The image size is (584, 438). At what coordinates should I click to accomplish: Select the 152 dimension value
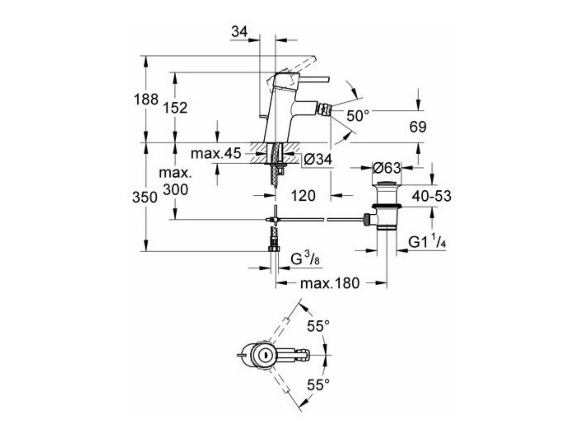click(175, 108)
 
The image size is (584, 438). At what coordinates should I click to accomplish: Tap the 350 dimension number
click(145, 197)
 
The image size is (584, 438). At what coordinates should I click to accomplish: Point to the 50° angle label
click(358, 116)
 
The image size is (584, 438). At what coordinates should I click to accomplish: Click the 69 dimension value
click(418, 127)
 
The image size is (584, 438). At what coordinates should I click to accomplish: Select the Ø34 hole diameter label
click(318, 159)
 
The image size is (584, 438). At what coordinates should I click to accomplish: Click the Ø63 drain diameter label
click(387, 168)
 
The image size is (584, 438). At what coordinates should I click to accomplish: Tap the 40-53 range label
click(432, 196)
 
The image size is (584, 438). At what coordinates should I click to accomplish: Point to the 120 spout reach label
click(303, 195)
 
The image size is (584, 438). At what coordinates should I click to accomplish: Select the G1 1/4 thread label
click(427, 242)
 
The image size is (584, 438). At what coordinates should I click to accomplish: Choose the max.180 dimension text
click(330, 283)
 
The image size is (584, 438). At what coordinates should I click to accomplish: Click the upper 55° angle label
click(318, 326)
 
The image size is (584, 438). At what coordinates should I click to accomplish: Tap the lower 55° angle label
click(318, 385)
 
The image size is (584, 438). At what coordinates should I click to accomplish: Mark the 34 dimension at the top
click(239, 32)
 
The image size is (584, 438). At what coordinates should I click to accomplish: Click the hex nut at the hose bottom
click(274, 248)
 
